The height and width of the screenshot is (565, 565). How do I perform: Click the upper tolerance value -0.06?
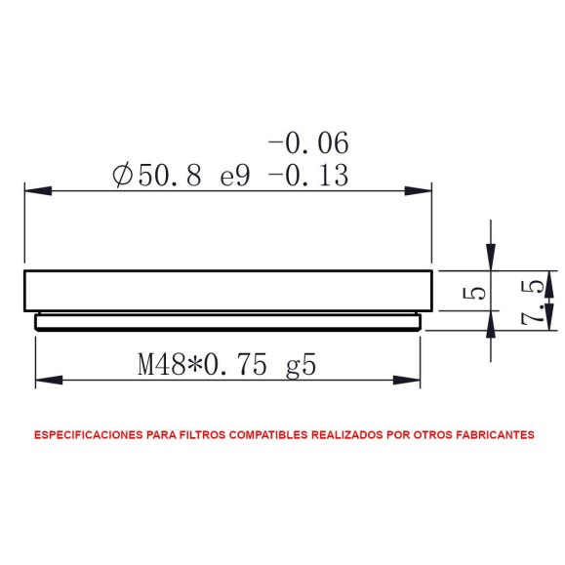click(x=307, y=143)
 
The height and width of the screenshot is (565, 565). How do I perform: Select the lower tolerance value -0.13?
click(x=307, y=177)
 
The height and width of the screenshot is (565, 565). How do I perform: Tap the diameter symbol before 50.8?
click(x=123, y=177)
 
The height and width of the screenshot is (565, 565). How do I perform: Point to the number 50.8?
click(x=170, y=177)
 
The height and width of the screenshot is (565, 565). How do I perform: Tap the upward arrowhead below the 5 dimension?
click(x=491, y=323)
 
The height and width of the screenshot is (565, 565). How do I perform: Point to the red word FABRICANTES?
click(x=494, y=435)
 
